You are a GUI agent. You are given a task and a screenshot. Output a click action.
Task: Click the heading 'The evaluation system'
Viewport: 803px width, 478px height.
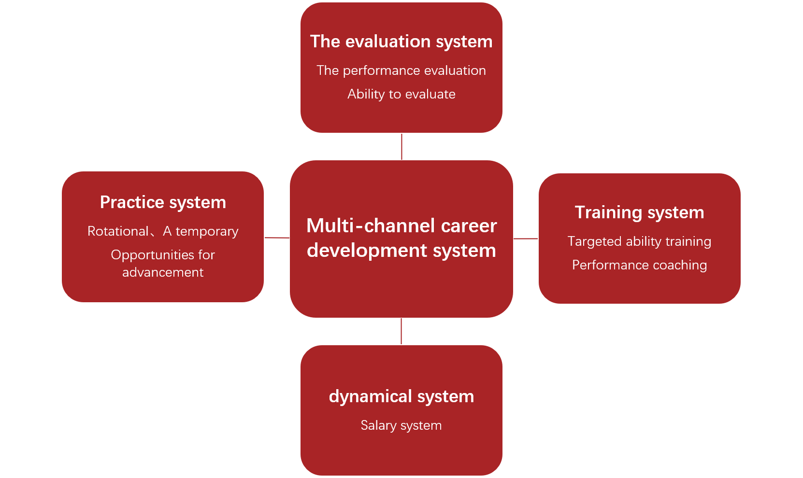tap(401, 42)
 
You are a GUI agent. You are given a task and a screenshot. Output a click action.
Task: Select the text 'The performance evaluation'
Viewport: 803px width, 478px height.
tap(401, 70)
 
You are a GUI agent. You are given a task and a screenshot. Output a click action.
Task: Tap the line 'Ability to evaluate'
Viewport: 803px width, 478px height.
tap(401, 94)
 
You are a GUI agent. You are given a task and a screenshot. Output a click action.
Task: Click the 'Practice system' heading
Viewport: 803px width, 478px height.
tap(163, 202)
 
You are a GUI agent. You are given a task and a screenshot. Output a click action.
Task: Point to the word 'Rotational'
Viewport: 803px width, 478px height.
tap(118, 231)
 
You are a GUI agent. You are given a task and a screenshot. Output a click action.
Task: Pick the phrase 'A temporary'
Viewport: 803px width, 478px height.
tap(201, 231)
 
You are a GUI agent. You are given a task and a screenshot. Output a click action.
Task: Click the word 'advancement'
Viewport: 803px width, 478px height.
tap(163, 272)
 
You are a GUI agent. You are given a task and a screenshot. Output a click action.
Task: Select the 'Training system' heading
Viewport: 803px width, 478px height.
tap(639, 212)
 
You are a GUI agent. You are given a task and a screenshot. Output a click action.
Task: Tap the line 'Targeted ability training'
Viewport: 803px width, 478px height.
tap(639, 241)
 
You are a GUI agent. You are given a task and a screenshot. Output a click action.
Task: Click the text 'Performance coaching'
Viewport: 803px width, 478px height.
tap(639, 265)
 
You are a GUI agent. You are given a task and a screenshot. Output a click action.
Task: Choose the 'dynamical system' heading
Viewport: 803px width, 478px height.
tap(401, 396)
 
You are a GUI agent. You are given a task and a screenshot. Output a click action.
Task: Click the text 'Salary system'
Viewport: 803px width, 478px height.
tap(401, 425)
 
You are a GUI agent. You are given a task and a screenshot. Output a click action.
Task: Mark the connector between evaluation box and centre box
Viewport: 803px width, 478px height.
tap(401, 146)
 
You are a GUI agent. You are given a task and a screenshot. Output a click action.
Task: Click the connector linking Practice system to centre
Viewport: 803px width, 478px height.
tap(277, 238)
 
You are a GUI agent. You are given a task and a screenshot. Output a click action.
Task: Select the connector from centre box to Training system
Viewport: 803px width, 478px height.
tap(526, 239)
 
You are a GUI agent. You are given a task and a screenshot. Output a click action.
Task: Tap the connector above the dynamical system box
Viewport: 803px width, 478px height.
tap(401, 331)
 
